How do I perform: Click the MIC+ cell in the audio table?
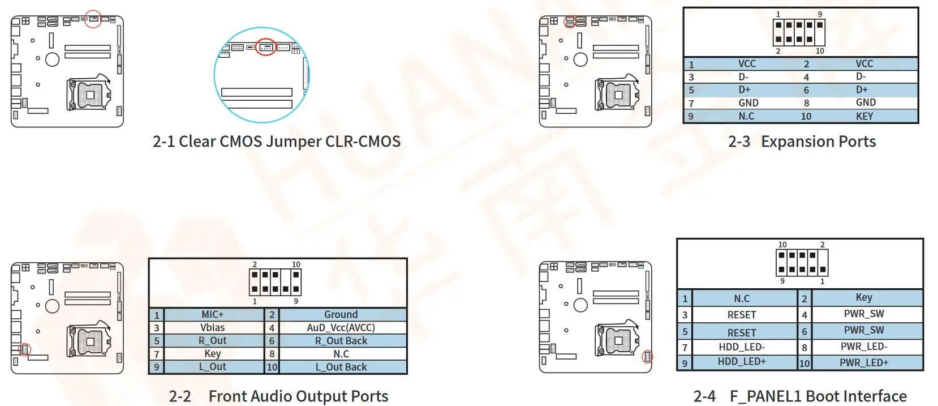(213, 314)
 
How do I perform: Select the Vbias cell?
(213, 327)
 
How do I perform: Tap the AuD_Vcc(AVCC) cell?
(341, 327)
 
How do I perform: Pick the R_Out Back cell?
(341, 340)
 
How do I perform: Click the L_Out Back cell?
(341, 367)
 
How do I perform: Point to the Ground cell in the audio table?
(341, 314)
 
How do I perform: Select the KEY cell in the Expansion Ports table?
(864, 116)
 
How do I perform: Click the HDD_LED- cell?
(742, 347)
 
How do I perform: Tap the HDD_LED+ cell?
(742, 362)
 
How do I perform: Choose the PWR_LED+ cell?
(864, 362)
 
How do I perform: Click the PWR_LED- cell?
(864, 346)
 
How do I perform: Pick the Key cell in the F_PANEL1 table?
(864, 297)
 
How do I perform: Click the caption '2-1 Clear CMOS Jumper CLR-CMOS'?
(277, 142)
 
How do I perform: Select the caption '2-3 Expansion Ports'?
(802, 142)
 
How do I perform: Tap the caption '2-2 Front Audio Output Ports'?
(278, 396)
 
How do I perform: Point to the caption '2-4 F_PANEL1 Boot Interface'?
(800, 396)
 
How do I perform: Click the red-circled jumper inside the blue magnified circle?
(266, 47)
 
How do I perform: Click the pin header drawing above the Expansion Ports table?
(799, 32)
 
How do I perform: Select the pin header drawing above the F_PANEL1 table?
(802, 263)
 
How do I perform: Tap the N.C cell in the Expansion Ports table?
(746, 116)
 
